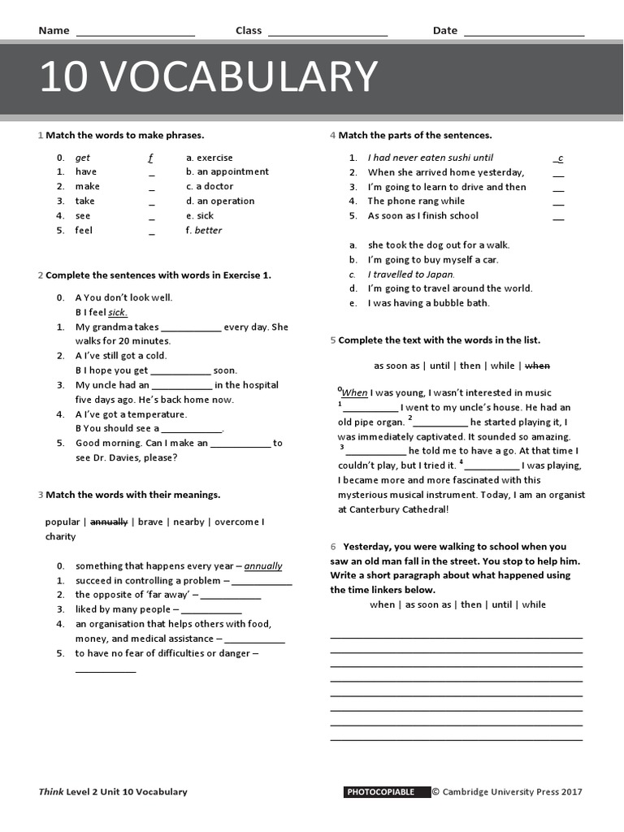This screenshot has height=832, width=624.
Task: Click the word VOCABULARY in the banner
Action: [x=240, y=78]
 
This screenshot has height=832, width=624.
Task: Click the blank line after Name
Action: [x=135, y=34]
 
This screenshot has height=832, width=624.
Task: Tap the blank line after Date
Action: [x=523, y=34]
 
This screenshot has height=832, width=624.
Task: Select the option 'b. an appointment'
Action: [x=227, y=171]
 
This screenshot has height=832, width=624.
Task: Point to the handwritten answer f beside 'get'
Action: [x=150, y=158]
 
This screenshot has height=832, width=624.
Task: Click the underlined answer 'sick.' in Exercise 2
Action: [x=118, y=312]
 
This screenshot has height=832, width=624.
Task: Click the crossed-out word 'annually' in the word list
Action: [x=108, y=522]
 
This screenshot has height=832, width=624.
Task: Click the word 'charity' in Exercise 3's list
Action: [x=60, y=536]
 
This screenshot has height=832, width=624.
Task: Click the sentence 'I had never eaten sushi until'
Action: [x=430, y=158]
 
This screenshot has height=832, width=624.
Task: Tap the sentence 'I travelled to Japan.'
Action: [x=411, y=275]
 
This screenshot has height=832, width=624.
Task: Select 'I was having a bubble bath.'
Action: [x=428, y=303]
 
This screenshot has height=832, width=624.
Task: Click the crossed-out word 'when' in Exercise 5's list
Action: [x=537, y=366]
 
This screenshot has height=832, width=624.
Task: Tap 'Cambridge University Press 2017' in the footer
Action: [x=511, y=792]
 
